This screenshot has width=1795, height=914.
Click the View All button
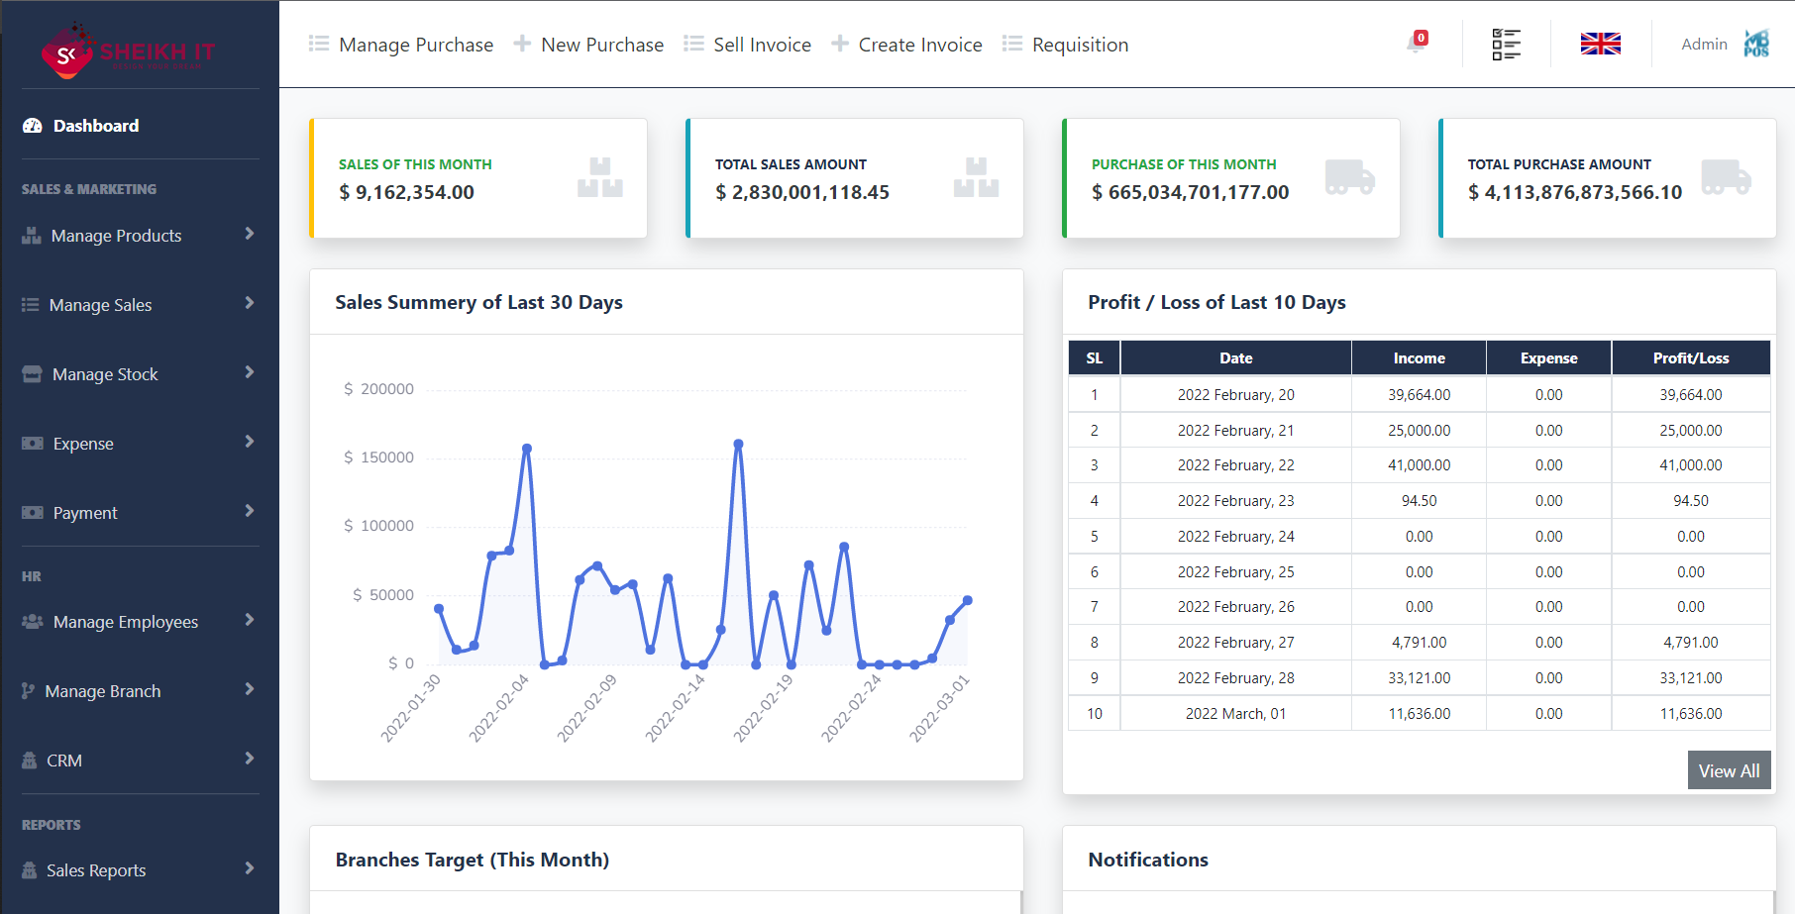pos(1729,770)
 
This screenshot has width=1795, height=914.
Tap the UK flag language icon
pos(1600,44)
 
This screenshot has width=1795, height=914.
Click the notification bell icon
pos(1416,44)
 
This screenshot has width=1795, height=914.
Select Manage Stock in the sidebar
pos(105,374)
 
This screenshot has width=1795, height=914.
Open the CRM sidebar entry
pos(64,761)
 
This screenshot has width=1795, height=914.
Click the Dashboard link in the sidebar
pos(95,126)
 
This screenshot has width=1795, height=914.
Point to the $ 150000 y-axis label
pos(378,457)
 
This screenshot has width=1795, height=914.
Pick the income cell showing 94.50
pos(1419,501)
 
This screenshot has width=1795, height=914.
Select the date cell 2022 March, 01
pos(1235,714)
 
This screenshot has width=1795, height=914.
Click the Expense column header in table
pos(1548,358)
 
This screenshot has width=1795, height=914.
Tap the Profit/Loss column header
pos(1690,358)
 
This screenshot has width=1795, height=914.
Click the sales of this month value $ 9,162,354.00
pos(406,192)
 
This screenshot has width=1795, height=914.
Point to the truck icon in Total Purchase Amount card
pos(1726,177)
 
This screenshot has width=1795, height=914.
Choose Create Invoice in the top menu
pos(919,45)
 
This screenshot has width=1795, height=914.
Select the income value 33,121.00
pos(1419,678)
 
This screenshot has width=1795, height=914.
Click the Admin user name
pos(1704,44)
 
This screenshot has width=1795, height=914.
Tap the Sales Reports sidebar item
pos(96,870)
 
